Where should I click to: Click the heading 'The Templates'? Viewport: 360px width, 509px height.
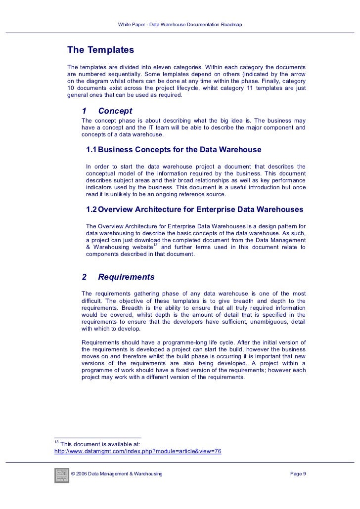[x=100, y=50]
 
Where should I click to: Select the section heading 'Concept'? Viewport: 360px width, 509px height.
[x=115, y=111]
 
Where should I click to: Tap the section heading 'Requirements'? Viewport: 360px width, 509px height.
[x=126, y=277]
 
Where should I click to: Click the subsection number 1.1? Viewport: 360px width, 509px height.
[x=91, y=150]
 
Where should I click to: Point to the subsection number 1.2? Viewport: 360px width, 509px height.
[x=91, y=210]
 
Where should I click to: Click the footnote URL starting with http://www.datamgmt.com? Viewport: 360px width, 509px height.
[x=137, y=451]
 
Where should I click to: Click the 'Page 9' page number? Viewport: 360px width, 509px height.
[x=298, y=474]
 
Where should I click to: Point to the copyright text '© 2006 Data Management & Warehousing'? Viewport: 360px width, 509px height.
[x=117, y=474]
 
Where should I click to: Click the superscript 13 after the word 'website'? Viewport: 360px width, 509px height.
[x=155, y=245]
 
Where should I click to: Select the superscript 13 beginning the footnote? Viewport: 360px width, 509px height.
[x=56, y=441]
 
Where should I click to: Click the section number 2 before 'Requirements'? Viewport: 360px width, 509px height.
[x=85, y=277]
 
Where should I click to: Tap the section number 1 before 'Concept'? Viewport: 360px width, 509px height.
[x=85, y=111]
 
